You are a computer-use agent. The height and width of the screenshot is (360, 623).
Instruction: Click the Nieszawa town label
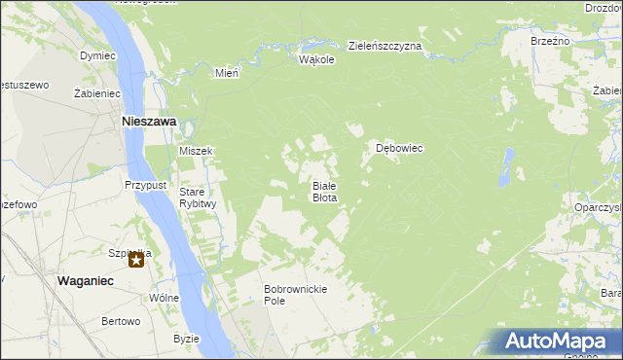[148, 122]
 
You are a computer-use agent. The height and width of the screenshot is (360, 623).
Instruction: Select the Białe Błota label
[324, 191]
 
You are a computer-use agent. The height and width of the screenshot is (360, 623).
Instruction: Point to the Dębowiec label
[399, 149]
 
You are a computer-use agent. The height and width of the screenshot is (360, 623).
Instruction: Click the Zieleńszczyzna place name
[385, 46]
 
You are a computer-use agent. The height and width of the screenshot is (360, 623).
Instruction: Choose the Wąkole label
[316, 59]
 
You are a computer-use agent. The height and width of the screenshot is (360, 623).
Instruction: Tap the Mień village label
[227, 72]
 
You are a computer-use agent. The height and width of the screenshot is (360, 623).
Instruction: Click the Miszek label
[196, 151]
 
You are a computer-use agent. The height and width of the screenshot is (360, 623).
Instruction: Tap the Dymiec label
[97, 55]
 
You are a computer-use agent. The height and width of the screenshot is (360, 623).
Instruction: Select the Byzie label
[186, 339]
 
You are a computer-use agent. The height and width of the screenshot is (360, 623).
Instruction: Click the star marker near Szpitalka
[137, 260]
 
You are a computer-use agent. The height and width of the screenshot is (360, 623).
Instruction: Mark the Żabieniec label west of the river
[96, 93]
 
